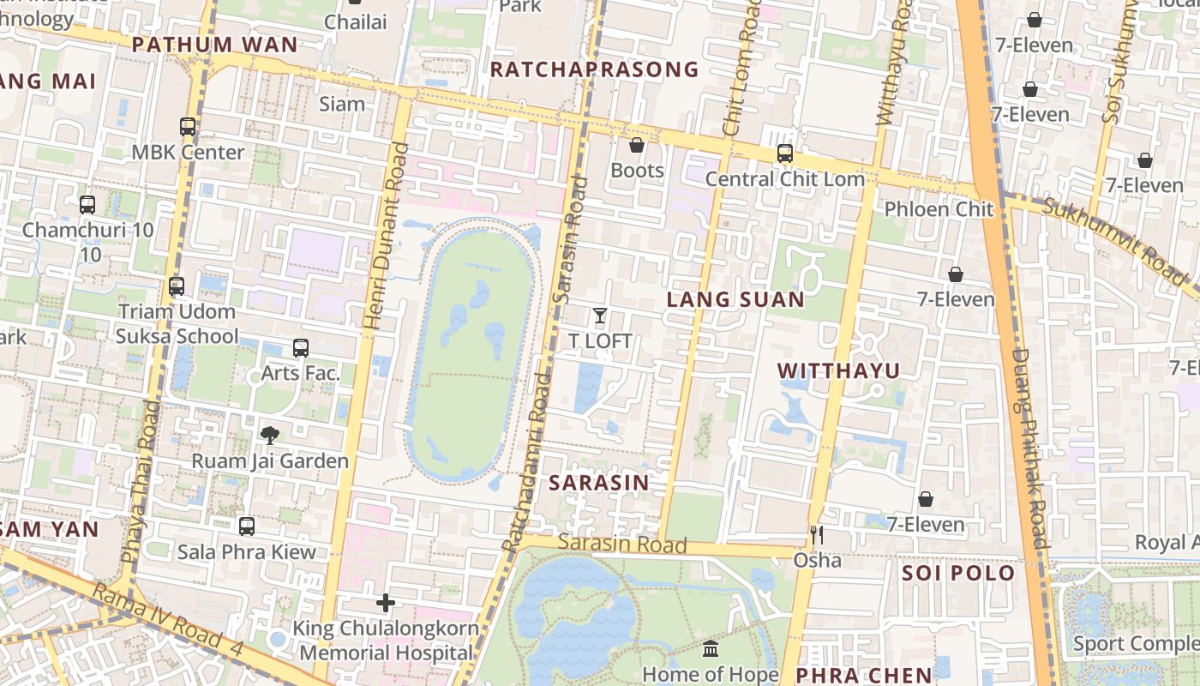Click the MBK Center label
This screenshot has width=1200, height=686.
pyautogui.click(x=188, y=153)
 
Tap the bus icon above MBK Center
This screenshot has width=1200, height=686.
pyautogui.click(x=188, y=127)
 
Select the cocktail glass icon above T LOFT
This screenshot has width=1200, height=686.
pyautogui.click(x=600, y=316)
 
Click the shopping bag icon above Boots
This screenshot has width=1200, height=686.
pyautogui.click(x=637, y=145)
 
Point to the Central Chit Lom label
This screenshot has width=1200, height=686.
pyautogui.click(x=784, y=179)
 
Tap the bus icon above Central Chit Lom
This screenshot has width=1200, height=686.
pyautogui.click(x=784, y=153)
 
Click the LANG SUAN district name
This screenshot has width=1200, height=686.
pyautogui.click(x=735, y=299)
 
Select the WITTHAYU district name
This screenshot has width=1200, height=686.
pyautogui.click(x=838, y=370)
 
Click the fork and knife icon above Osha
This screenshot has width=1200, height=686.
pyautogui.click(x=817, y=535)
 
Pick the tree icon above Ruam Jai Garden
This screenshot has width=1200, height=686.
pyautogui.click(x=270, y=436)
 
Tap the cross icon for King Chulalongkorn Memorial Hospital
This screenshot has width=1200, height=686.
pyautogui.click(x=386, y=603)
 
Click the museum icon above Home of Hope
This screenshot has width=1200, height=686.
pyautogui.click(x=711, y=649)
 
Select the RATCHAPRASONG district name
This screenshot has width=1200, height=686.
pyautogui.click(x=594, y=69)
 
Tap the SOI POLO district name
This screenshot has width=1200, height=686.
pyautogui.click(x=957, y=573)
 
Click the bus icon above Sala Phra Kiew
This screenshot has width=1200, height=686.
pyautogui.click(x=247, y=526)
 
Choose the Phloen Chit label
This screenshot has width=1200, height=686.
pyautogui.click(x=939, y=209)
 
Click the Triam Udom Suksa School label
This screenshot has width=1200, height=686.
pyautogui.click(x=177, y=323)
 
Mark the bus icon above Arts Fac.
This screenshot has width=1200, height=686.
pyautogui.click(x=300, y=348)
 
